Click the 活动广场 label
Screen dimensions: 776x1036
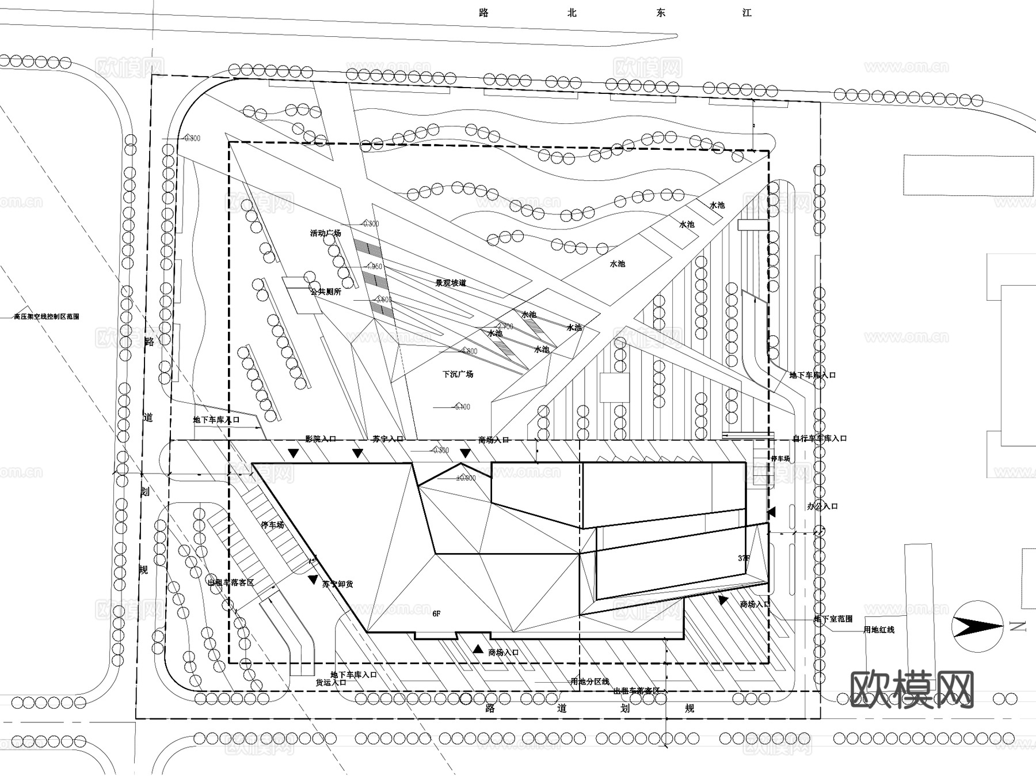tap(325, 233)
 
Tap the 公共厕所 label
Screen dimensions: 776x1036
tap(326, 292)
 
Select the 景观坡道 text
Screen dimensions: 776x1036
tap(451, 283)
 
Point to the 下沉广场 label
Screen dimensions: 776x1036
tap(458, 374)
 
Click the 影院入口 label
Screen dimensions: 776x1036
tap(321, 439)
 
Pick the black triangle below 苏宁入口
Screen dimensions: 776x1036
tap(358, 454)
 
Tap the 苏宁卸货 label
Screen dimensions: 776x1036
tap(338, 584)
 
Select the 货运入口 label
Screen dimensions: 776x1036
tap(331, 682)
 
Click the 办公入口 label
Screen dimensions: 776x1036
tap(822, 506)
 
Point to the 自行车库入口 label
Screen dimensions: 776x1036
tap(820, 438)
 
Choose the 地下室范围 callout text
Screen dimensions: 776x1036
tap(833, 619)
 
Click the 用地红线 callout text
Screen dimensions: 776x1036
tap(879, 630)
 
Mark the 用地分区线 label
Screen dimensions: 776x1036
tap(589, 682)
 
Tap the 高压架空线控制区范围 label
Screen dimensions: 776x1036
tap(47, 316)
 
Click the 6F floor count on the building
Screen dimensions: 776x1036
tap(436, 614)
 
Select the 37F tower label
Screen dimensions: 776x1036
tap(744, 558)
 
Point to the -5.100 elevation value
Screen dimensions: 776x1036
tap(462, 407)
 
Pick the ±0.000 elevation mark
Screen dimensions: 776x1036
tap(466, 478)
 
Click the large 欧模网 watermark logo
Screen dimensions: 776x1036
tap(912, 689)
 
